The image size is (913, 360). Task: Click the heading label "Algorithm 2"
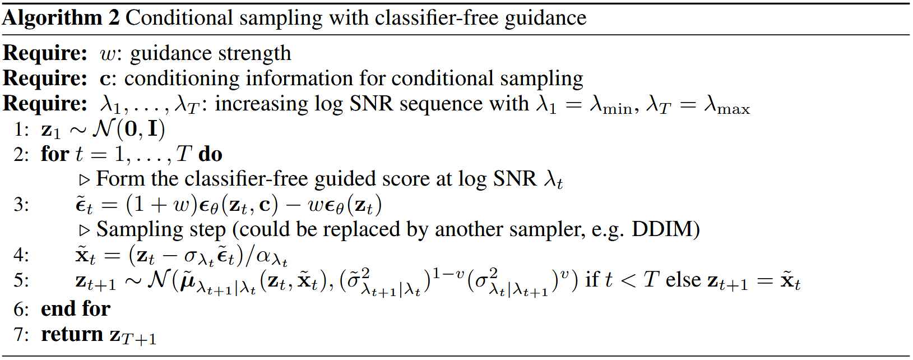pos(61,19)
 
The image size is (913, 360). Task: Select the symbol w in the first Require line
pos(108,54)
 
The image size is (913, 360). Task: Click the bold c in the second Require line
pos(105,79)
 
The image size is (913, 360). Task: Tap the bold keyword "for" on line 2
pos(55,154)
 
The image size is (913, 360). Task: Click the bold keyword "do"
pos(210,154)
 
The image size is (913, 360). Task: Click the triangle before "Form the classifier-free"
pos(84,180)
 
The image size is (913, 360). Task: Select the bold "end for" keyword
pos(76,308)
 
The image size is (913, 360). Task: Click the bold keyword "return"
pos(72,334)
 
